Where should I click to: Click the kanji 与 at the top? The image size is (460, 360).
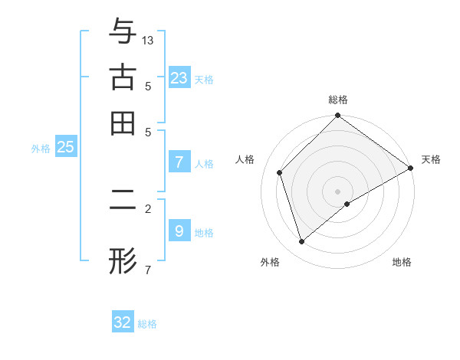pos(123,32)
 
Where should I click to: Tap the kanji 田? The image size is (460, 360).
pos(123,123)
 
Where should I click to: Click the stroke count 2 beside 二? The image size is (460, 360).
pos(147,208)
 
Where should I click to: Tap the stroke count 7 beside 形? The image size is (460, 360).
pos(147,269)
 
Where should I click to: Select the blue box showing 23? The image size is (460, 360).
pos(179,77)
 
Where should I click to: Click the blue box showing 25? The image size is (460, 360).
pos(65,147)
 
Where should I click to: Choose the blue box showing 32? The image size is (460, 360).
pos(123,322)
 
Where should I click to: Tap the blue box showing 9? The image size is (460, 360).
pos(179,231)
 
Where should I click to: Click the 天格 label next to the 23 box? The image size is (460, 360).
pos(204,79)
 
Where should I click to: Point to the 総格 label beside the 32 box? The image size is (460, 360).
pos(147,324)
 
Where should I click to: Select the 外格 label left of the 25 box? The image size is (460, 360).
pos(41,149)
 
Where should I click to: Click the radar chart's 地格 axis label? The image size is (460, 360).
pos(402,262)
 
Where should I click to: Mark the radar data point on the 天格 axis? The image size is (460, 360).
pos(411,168)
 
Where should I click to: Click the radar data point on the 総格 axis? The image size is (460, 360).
pos(338,116)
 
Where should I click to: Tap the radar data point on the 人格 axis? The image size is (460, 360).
pos(280,172)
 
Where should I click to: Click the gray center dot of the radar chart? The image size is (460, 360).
pos(338,191)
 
